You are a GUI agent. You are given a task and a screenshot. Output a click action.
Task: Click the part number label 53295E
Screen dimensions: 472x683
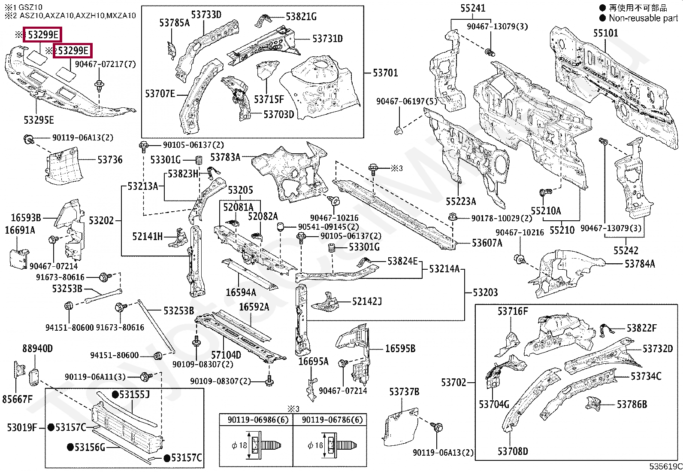(39, 120)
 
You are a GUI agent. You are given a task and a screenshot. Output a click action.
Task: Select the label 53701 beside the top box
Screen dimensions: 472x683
(385, 73)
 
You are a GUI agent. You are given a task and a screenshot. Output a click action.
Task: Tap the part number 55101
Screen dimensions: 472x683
(605, 33)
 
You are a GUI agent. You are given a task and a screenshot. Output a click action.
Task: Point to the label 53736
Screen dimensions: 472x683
(110, 160)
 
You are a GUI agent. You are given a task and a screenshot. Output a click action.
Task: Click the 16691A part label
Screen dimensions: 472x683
(20, 230)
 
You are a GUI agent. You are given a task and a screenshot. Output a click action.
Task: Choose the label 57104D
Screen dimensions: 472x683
(226, 355)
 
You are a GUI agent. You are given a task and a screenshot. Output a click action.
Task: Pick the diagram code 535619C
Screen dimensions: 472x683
(665, 466)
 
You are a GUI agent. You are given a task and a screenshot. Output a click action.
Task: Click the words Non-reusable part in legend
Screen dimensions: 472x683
(643, 18)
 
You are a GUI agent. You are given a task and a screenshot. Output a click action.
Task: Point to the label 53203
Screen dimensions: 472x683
(485, 292)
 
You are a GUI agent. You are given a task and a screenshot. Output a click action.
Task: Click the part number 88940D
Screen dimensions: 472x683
(37, 348)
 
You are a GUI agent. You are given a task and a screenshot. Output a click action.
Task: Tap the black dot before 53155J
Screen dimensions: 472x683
(115, 394)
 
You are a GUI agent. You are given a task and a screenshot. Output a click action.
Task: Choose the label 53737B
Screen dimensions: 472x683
(404, 392)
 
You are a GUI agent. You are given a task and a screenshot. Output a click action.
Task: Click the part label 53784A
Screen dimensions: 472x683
(640, 264)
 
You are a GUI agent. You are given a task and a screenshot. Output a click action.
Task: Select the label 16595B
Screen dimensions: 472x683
(400, 348)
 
